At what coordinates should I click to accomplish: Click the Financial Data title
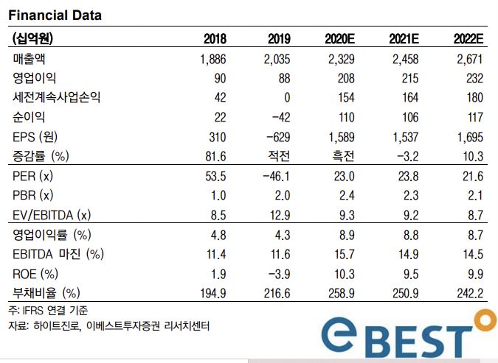pyautogui.click(x=55, y=15)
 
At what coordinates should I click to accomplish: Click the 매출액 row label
pyautogui.click(x=33, y=58)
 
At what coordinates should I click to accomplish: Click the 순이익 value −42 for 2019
pyautogui.click(x=278, y=117)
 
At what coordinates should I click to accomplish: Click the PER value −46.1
pyautogui.click(x=275, y=176)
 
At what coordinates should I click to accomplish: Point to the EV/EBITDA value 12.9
pyautogui.click(x=278, y=215)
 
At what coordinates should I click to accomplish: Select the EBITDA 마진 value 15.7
pyautogui.click(x=344, y=254)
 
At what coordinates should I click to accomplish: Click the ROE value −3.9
pyautogui.click(x=278, y=274)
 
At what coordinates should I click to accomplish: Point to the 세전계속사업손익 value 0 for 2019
pyautogui.click(x=287, y=97)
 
